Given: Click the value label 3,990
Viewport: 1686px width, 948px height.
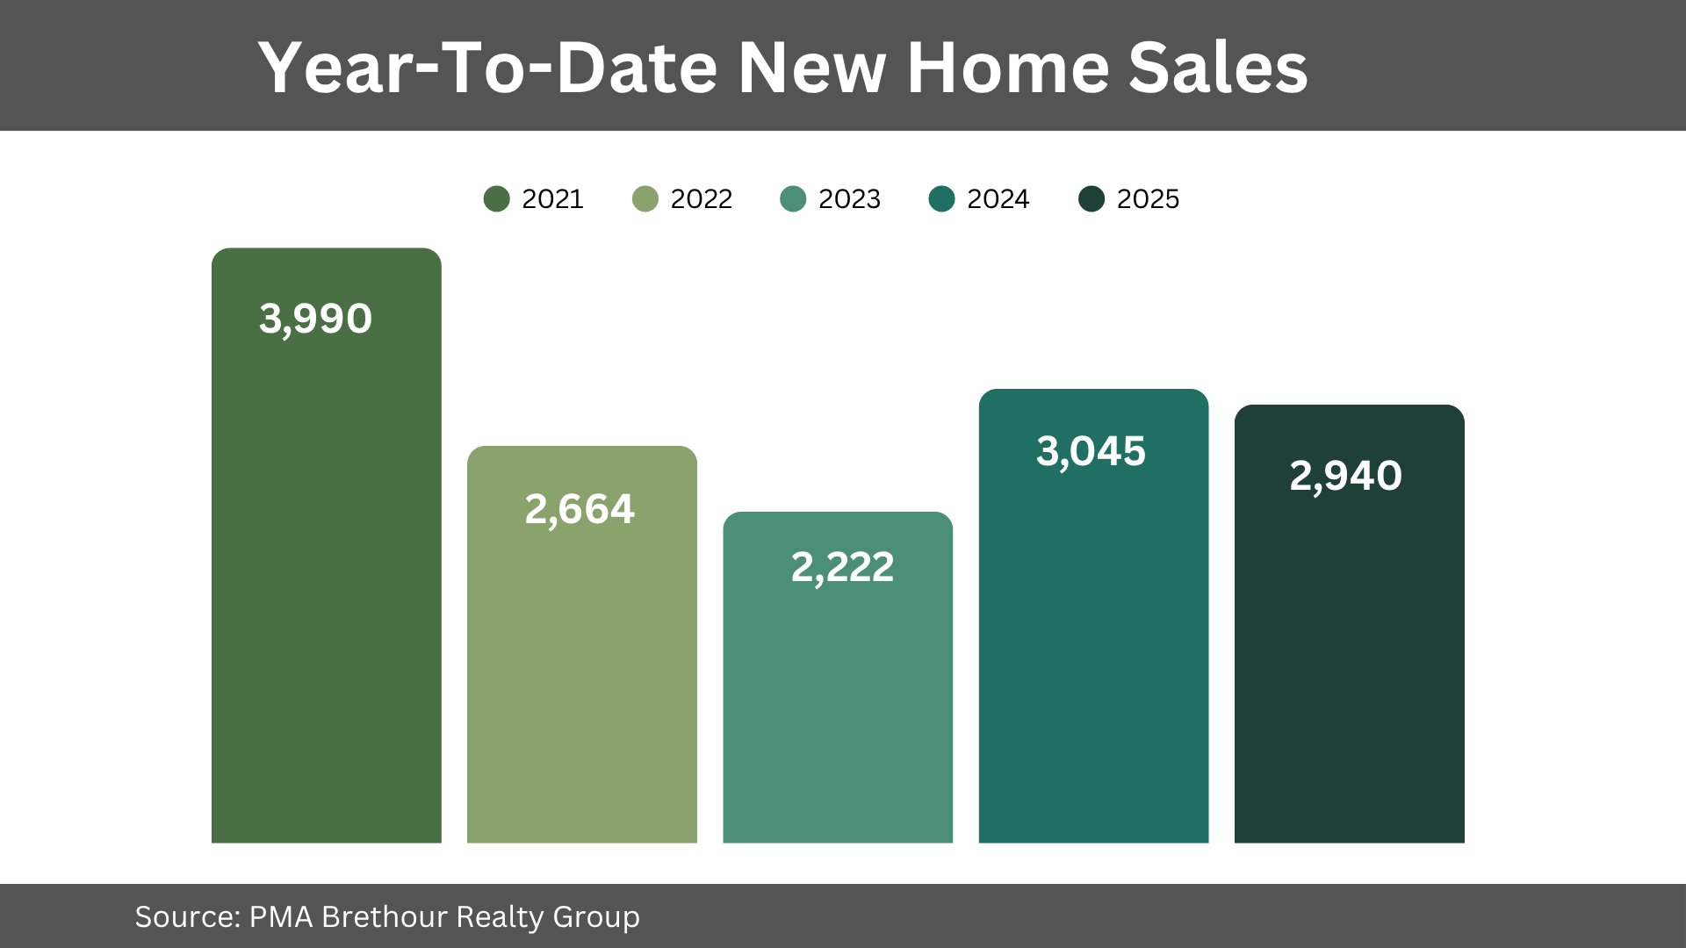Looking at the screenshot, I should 315,319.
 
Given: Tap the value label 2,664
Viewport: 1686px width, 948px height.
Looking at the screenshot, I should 580,509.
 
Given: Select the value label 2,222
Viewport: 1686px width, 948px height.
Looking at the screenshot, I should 842,567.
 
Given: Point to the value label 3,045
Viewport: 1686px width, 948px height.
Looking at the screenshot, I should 1091,451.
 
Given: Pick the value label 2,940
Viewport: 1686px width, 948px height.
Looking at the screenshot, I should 1345,476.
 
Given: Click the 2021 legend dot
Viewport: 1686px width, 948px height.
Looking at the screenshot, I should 496,199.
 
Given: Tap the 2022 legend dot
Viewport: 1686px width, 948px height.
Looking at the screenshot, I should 645,199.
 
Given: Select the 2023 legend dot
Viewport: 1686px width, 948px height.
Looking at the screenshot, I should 793,199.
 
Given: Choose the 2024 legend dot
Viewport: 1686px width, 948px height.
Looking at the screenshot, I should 941,199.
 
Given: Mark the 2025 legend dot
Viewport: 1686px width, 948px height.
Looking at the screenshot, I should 1091,199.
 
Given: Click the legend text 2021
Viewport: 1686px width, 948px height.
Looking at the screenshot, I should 552,199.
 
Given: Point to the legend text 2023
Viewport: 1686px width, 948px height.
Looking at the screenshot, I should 849,199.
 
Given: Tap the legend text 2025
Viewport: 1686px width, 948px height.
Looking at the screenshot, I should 1148,199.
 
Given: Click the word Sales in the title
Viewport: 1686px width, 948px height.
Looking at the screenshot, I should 1218,68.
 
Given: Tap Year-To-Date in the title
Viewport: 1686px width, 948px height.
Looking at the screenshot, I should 488,68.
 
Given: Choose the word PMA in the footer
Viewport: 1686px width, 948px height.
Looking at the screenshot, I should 281,917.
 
